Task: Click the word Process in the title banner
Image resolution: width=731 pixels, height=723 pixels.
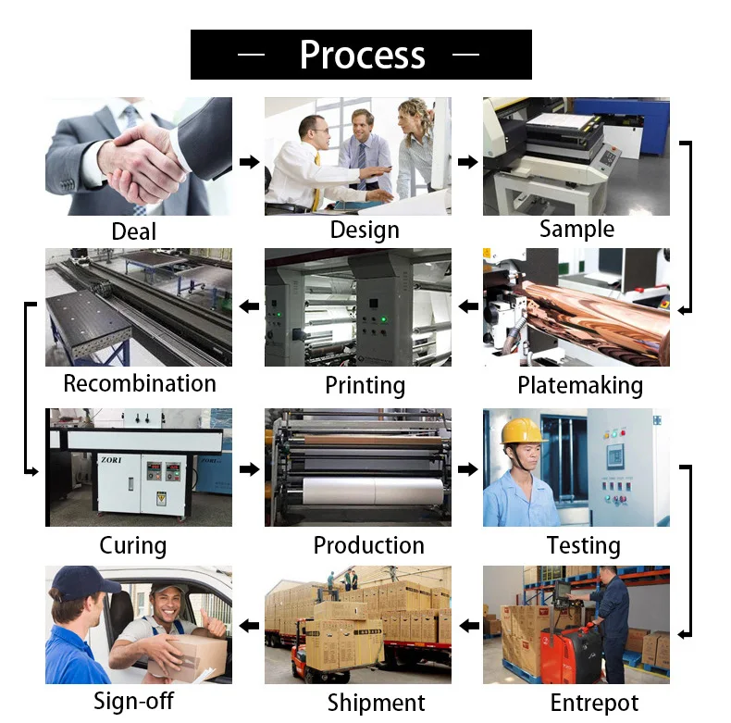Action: pyautogui.click(x=362, y=55)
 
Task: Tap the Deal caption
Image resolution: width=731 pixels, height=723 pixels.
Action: pyautogui.click(x=134, y=231)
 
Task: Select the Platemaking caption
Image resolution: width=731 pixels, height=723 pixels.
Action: pyautogui.click(x=580, y=386)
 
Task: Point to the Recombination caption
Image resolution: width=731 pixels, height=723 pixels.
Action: pyautogui.click(x=140, y=383)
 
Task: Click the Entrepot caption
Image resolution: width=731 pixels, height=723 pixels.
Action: pyautogui.click(x=594, y=703)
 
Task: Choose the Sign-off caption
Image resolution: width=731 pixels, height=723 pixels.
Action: pyautogui.click(x=134, y=701)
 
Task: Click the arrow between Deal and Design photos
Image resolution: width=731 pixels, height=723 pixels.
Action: pyautogui.click(x=250, y=162)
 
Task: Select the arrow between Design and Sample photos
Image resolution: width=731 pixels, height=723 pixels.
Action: pyautogui.click(x=467, y=162)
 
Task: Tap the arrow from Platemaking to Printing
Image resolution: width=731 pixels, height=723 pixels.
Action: pyautogui.click(x=468, y=306)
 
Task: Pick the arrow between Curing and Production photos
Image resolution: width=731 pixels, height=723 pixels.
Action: pyautogui.click(x=250, y=468)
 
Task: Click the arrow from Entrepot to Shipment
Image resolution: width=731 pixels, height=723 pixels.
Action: pyautogui.click(x=469, y=626)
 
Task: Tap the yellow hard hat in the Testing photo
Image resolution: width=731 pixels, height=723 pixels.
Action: pyautogui.click(x=523, y=430)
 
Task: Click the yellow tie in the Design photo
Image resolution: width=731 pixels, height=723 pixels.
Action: pyautogui.click(x=317, y=182)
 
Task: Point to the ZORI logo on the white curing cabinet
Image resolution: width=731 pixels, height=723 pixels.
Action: pyautogui.click(x=111, y=460)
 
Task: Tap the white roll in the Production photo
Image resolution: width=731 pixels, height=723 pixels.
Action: pyautogui.click(x=373, y=491)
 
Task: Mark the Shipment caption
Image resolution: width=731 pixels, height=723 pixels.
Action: pyautogui.click(x=377, y=703)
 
